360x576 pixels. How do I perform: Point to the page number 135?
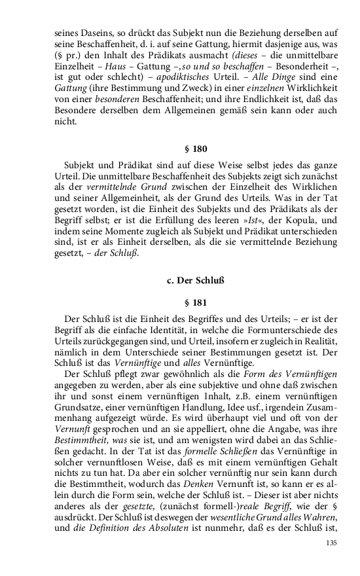(x=331, y=543)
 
